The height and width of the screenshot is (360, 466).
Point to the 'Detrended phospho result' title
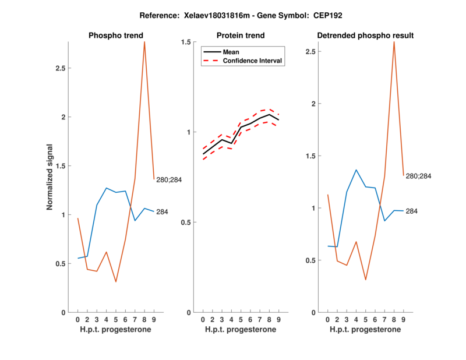365,36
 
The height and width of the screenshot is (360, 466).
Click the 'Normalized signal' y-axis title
50,177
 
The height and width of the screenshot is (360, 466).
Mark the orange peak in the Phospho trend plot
144,42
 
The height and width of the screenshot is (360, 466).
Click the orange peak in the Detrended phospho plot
394,41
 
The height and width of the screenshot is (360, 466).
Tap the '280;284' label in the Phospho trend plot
169,180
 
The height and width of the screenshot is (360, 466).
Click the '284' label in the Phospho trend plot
162,212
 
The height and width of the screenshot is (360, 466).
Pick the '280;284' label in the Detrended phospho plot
419,176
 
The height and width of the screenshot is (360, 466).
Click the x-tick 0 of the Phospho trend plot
77,319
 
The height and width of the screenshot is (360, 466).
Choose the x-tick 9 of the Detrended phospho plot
404,319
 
